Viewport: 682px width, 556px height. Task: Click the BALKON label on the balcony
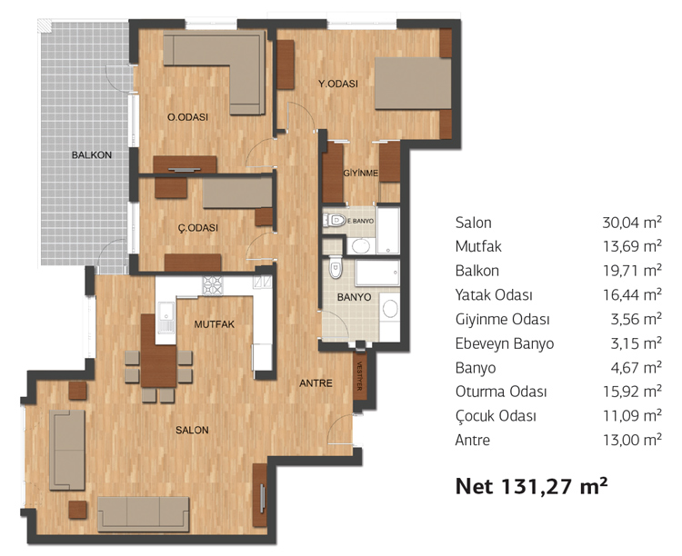point(91,154)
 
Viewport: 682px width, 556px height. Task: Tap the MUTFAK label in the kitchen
point(214,324)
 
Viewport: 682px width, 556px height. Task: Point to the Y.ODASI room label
point(338,84)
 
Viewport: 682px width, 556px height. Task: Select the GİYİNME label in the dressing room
point(361,173)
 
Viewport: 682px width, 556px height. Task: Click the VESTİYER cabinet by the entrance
point(360,376)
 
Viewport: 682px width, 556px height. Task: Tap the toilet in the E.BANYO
point(335,221)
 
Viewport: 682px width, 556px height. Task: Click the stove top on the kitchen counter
point(212,285)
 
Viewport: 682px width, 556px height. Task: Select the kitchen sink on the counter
point(165,317)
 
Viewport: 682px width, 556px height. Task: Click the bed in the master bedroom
point(413,83)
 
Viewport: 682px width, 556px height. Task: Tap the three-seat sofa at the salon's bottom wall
point(143,514)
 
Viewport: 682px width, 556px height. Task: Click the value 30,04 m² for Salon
point(632,223)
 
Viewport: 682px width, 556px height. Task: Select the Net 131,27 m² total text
point(531,485)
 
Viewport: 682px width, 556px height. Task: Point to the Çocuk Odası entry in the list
point(496,416)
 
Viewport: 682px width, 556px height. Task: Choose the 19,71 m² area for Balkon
point(632,271)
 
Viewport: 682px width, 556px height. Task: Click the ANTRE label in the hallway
point(316,383)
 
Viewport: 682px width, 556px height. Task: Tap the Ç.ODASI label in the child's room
point(198,228)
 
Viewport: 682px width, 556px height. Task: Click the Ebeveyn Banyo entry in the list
point(505,343)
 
